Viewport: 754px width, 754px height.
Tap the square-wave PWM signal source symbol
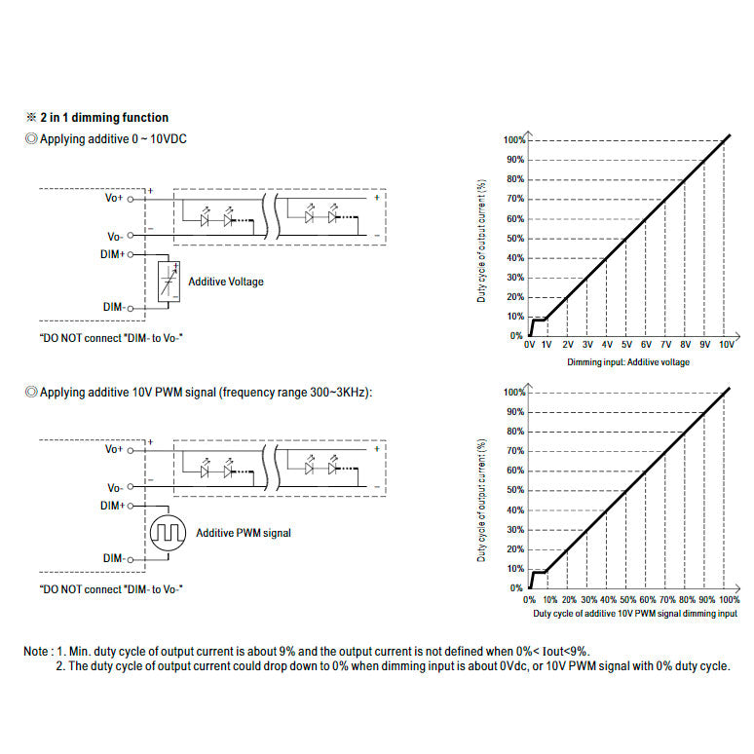tap(169, 534)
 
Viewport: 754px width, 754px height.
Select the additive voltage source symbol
tap(170, 283)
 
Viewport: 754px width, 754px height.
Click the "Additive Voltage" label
tap(226, 282)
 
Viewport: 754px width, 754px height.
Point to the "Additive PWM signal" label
tap(244, 533)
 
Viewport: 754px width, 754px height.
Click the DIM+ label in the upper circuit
tap(113, 254)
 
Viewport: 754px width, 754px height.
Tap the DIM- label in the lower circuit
tap(113, 558)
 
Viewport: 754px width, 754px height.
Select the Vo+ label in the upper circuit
tap(114, 198)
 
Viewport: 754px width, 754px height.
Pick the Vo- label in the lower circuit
tap(114, 487)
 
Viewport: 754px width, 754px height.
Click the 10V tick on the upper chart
tap(727, 345)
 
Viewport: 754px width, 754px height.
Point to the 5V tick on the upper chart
tap(626, 345)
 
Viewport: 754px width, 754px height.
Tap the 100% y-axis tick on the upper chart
tap(513, 139)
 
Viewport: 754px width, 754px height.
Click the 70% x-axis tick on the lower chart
tap(667, 599)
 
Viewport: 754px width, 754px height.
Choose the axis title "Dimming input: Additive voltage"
tap(628, 362)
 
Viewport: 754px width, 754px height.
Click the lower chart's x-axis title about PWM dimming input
tap(635, 614)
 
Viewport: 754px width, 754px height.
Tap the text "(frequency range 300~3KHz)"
tap(295, 392)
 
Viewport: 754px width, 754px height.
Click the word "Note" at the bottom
tap(36, 651)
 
